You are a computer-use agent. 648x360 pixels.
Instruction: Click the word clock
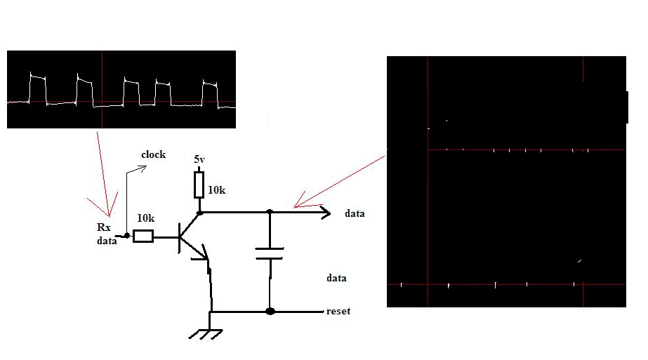point(153,154)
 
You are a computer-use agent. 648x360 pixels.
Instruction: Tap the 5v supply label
point(199,160)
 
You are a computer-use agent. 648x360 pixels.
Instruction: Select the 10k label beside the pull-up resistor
point(217,190)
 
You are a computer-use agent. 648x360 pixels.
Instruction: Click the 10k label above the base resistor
point(145,218)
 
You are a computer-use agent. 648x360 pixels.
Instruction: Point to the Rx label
point(104,227)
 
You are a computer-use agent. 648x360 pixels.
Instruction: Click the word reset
point(338,311)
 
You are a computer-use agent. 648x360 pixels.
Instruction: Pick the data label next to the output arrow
point(355,213)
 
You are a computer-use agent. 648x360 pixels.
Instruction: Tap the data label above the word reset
point(336,278)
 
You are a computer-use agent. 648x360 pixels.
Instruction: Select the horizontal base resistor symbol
point(143,236)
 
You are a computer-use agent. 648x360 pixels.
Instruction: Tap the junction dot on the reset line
point(270,311)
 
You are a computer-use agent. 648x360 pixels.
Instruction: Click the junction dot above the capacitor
point(270,211)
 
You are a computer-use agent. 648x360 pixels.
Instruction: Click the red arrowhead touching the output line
point(298,204)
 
